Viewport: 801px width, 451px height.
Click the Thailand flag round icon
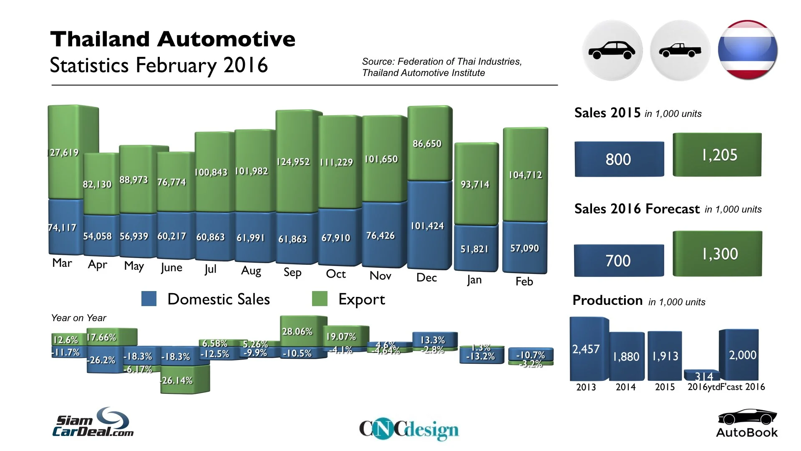coord(748,50)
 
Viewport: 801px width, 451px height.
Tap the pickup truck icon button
coord(680,51)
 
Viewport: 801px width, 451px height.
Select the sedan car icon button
coord(612,51)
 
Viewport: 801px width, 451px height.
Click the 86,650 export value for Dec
coord(427,144)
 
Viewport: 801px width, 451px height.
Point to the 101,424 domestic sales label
coord(427,226)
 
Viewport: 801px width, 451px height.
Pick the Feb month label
coord(524,281)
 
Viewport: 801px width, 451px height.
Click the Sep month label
coord(292,272)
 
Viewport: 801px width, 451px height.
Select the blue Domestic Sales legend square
coord(149,299)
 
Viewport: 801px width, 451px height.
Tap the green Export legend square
coord(320,299)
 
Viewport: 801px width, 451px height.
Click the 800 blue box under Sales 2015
coord(619,159)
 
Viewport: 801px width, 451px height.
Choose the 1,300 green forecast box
coord(718,253)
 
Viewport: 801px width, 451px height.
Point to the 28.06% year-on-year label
coord(297,332)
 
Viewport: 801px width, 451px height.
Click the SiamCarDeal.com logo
coord(93,423)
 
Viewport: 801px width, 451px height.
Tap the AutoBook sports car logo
coord(747,423)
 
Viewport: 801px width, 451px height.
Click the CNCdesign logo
coord(408,429)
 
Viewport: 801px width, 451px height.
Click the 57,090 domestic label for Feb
coord(524,248)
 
